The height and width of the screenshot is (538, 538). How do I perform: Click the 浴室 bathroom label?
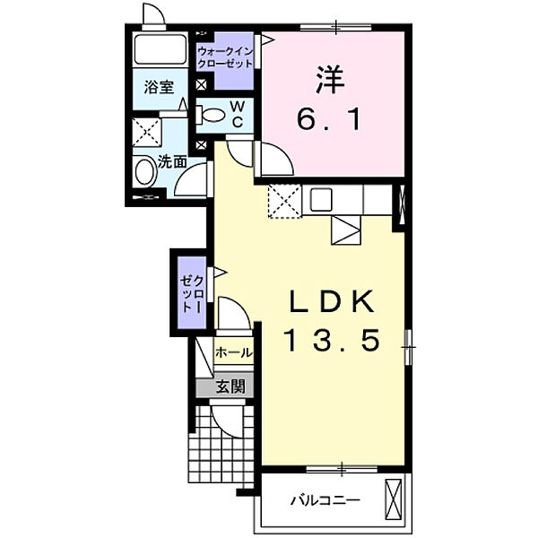(159, 88)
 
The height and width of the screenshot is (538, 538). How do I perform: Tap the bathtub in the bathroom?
(160, 49)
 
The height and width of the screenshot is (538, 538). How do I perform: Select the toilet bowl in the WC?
(211, 115)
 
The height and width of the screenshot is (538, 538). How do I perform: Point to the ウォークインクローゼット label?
(225, 57)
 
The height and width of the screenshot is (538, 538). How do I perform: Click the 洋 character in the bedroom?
(330, 79)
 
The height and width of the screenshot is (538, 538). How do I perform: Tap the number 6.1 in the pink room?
(329, 119)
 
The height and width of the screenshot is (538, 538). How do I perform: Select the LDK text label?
(332, 301)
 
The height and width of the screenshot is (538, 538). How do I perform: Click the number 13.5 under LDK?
(331, 341)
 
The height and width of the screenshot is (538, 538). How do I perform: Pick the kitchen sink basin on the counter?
(321, 200)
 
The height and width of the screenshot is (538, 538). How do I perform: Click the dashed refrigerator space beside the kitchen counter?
(285, 201)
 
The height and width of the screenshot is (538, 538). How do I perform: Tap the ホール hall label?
(234, 352)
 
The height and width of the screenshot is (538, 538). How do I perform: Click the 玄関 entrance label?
(230, 386)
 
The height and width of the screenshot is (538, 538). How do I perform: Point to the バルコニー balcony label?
(325, 500)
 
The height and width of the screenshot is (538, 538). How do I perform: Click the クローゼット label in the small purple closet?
(193, 294)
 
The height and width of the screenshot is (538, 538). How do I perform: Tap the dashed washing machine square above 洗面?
(147, 132)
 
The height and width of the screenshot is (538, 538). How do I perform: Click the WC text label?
(237, 114)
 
